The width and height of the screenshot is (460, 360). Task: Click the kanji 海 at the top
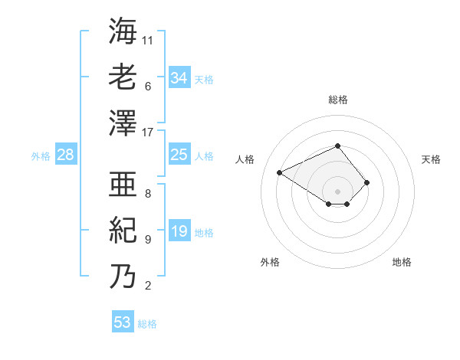[123, 31]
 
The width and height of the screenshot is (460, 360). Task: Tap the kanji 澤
[123, 123]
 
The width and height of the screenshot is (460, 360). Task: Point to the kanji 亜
[123, 185]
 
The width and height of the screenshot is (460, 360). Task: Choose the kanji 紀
[123, 230]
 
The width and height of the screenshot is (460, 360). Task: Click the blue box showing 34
[179, 77]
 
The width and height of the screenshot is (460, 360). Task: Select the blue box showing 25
[179, 155]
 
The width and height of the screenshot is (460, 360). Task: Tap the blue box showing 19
[179, 231]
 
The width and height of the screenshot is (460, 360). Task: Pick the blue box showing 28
[66, 155]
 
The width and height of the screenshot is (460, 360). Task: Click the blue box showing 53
[123, 322]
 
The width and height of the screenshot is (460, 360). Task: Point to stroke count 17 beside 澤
[148, 133]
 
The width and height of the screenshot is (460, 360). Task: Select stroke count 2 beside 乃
[148, 286]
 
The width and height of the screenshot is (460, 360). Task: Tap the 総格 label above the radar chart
[338, 100]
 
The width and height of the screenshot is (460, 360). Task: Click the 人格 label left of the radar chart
[245, 159]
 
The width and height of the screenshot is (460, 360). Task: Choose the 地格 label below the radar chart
[402, 263]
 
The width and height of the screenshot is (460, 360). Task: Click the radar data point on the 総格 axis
[338, 146]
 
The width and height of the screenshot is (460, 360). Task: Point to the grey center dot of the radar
[338, 190]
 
